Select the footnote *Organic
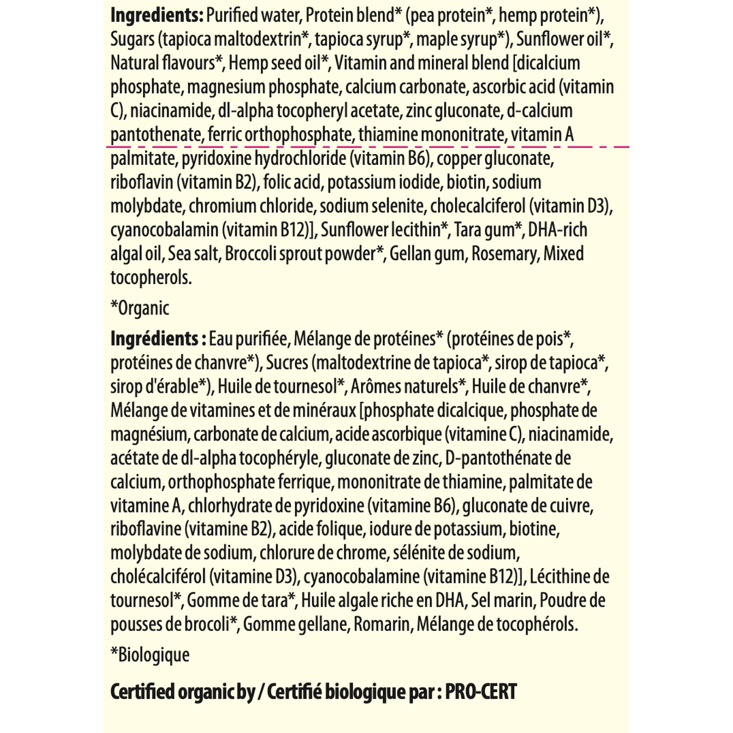[140, 308]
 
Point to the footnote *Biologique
[150, 655]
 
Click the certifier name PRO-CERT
[481, 692]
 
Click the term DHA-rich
[558, 230]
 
